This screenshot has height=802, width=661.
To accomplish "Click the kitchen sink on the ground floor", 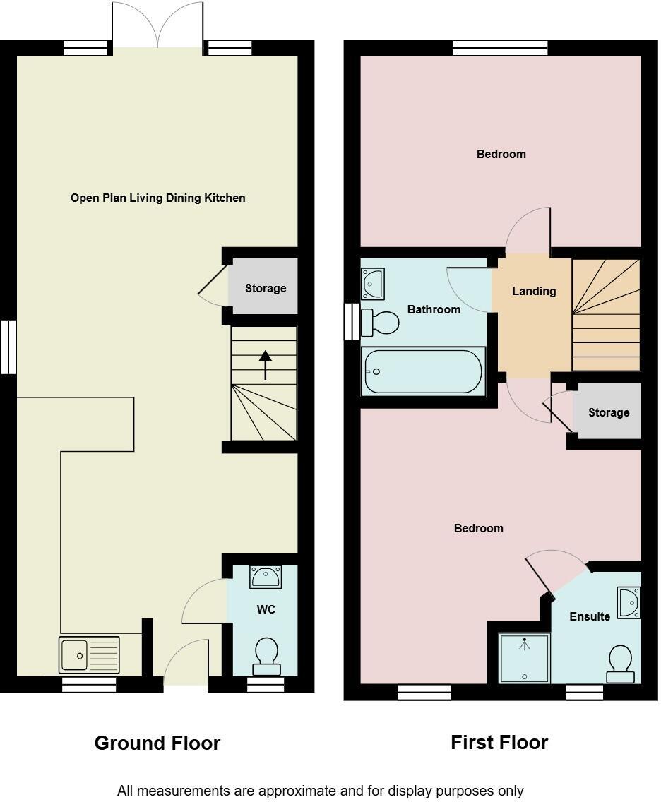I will [90, 654].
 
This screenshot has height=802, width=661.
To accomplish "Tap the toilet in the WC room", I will [266, 656].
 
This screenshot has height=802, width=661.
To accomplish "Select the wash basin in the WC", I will [266, 577].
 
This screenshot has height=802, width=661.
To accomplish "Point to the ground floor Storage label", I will [266, 288].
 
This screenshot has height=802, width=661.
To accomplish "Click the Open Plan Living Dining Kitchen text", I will [157, 198].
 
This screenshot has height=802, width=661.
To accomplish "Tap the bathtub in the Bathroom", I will [423, 371].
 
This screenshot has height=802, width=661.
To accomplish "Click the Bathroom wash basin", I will [372, 284].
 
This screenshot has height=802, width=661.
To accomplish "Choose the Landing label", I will [534, 291].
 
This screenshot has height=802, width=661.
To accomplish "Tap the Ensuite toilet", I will [620, 664].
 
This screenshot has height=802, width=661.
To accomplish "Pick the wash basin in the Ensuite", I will [629, 602].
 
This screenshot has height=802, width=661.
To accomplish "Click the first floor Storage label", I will [608, 412].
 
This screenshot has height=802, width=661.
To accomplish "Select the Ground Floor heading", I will [157, 743].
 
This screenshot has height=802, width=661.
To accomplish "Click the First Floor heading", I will [499, 742].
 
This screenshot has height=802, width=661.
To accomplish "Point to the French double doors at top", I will [157, 25].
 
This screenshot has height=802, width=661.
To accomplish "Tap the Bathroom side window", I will [352, 322].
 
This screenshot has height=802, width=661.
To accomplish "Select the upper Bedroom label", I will [501, 154].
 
